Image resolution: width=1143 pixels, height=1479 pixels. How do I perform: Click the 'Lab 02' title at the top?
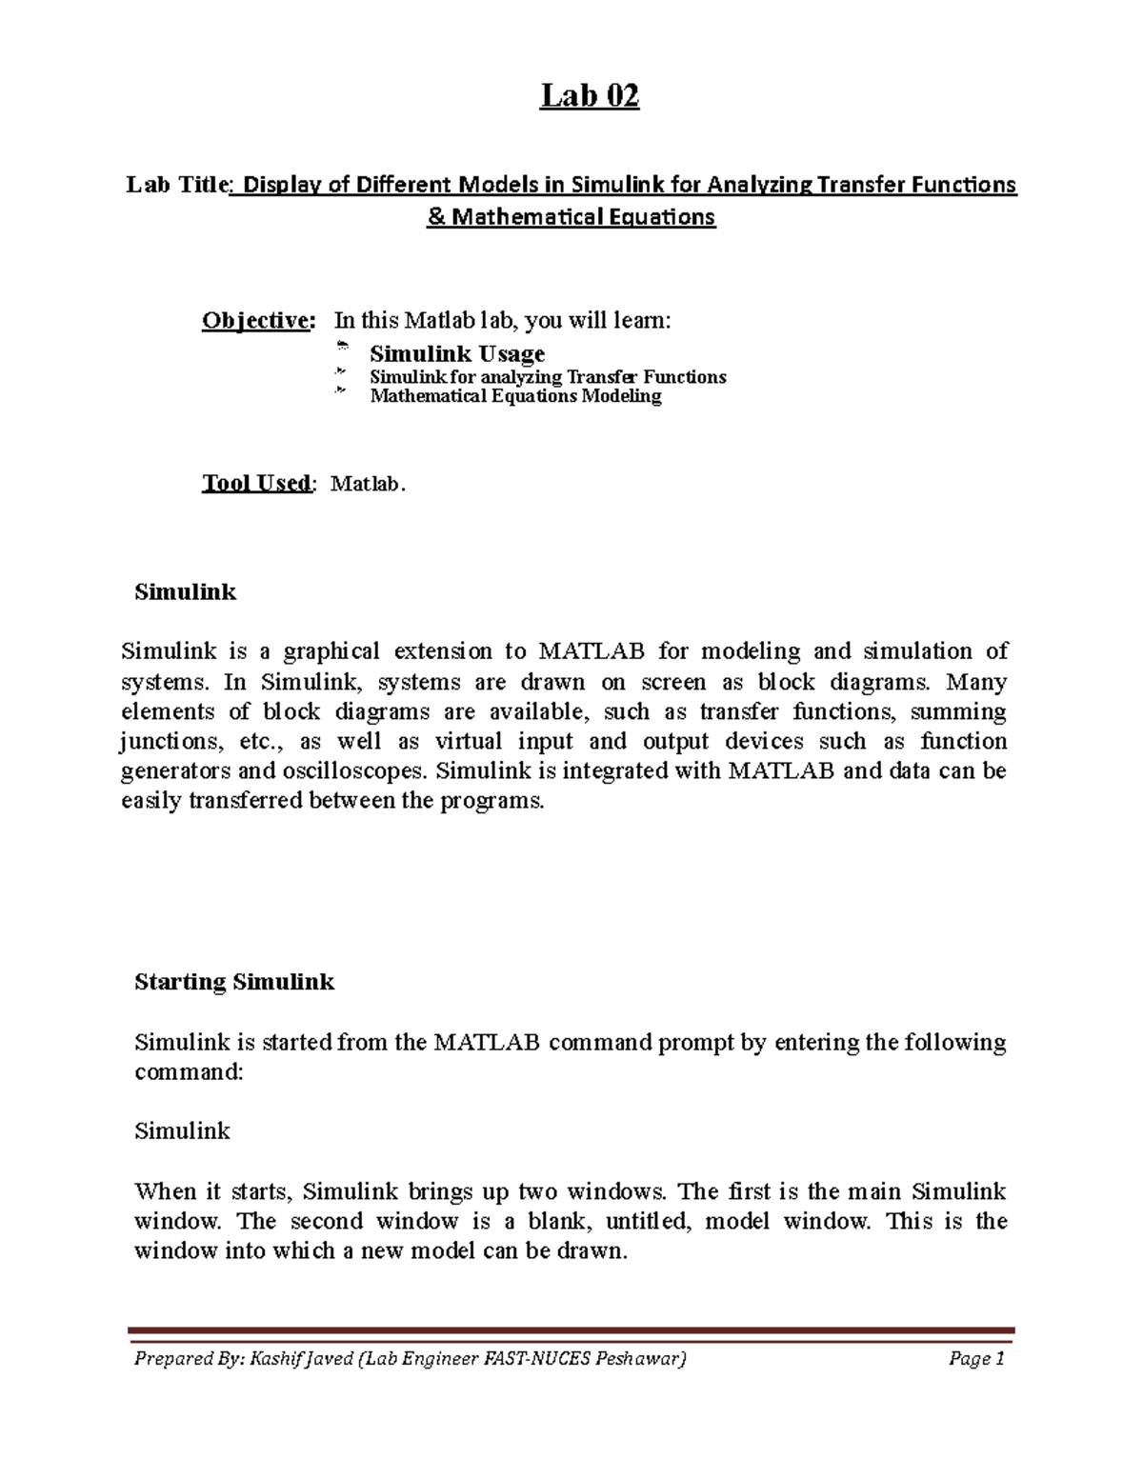(590, 95)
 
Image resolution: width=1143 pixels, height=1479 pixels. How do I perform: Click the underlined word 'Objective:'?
(256, 321)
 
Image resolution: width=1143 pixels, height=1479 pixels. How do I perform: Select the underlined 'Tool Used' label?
(255, 483)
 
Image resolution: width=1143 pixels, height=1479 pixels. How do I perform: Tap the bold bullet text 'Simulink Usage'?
(457, 353)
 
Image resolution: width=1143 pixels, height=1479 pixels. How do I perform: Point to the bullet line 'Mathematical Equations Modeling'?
(515, 395)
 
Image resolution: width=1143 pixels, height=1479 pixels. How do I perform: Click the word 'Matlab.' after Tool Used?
(368, 484)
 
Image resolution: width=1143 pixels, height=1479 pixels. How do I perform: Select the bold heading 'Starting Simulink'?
(234, 982)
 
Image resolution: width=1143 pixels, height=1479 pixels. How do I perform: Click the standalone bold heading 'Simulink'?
(185, 591)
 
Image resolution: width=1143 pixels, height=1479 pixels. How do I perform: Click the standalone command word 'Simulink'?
(182, 1131)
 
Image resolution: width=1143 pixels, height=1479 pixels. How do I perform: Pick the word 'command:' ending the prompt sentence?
(189, 1071)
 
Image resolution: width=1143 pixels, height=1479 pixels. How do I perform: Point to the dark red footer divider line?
(571, 1330)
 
